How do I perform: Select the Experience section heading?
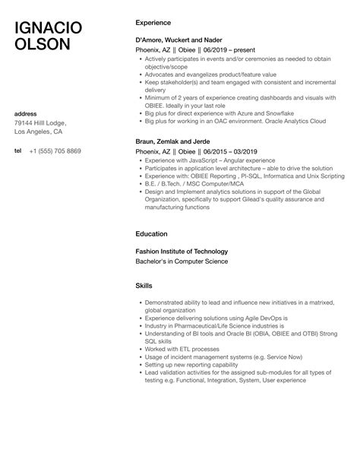pos(152,23)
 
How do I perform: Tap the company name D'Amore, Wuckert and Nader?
pos(179,39)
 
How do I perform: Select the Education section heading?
pos(151,234)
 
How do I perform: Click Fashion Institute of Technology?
pos(181,251)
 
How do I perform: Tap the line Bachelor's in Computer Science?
pos(181,261)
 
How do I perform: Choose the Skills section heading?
pos(143,286)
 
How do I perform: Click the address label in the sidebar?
pos(27,114)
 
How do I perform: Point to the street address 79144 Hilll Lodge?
pos(40,123)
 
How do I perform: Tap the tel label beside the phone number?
pos(17,151)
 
